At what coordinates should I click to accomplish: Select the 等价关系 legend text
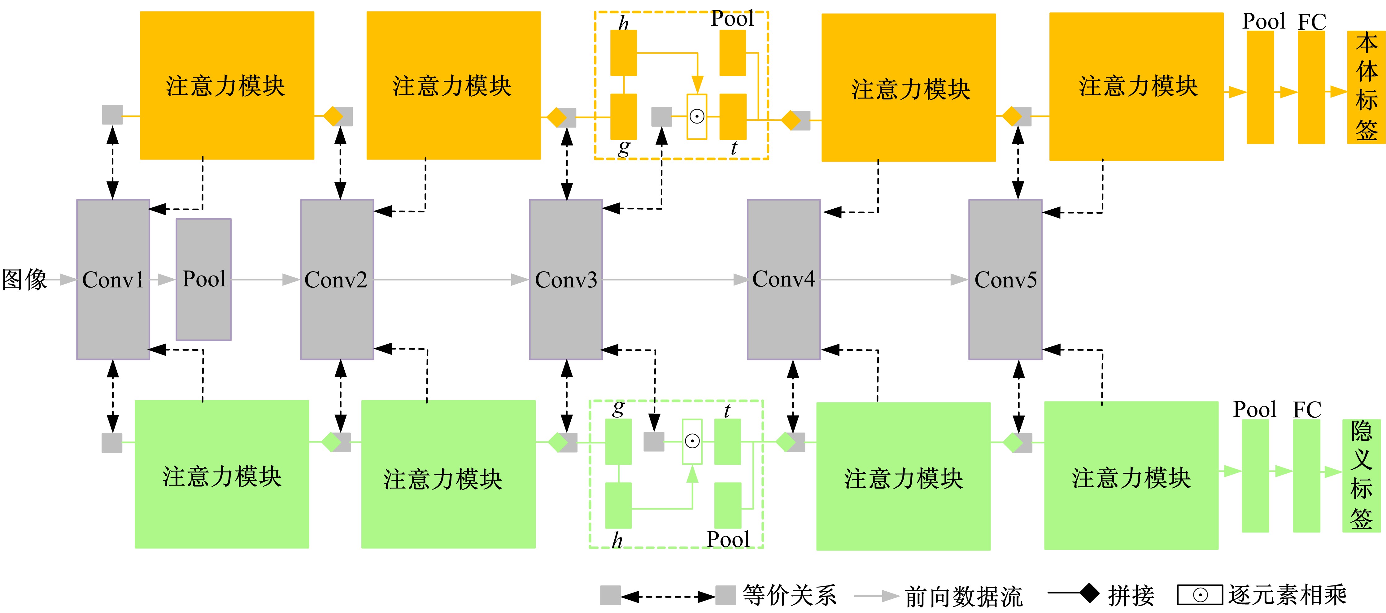789,596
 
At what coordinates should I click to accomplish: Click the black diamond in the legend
1090,593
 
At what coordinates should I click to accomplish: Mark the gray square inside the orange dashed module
661,117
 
